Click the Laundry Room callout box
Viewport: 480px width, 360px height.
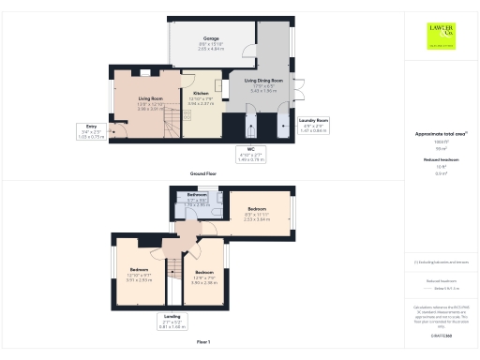(313, 126)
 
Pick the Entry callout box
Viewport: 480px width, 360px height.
(92, 134)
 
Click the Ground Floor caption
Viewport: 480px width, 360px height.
(203, 173)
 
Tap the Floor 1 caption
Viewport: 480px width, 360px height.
(203, 342)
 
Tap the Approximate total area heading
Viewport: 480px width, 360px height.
(441, 134)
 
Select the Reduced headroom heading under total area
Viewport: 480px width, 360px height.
(441, 160)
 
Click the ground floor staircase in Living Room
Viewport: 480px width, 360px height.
(169, 122)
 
